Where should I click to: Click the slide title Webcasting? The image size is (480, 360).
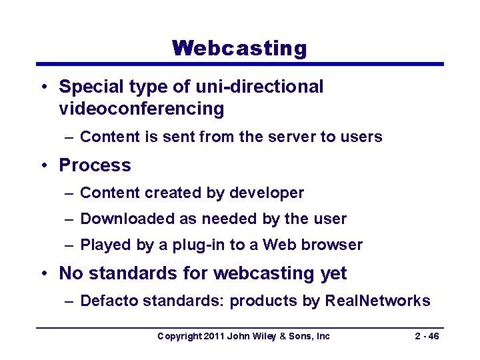[x=239, y=48]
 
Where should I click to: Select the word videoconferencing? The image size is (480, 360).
[x=141, y=109]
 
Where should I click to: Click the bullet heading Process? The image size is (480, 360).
[x=95, y=165]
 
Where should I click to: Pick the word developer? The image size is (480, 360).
[x=266, y=193]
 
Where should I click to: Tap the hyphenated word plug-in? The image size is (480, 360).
[x=199, y=245]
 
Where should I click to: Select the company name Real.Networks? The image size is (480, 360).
[x=377, y=301]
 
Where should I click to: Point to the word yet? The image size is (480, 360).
[x=333, y=273]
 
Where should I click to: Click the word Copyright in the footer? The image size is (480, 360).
[x=178, y=337]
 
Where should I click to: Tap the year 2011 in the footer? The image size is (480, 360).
[x=213, y=337]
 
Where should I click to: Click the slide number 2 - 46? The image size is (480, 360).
[x=426, y=337]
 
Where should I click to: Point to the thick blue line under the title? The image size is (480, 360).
[x=239, y=64]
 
